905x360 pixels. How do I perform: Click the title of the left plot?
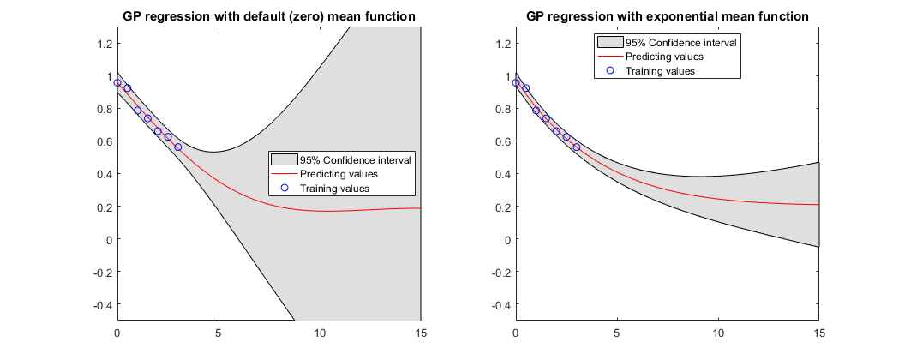click(x=269, y=16)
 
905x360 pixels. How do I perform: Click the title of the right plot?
click(x=667, y=16)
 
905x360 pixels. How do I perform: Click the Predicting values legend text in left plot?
click(x=339, y=174)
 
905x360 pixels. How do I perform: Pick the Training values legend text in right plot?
click(x=659, y=71)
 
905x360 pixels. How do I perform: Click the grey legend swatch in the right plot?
click(x=610, y=41)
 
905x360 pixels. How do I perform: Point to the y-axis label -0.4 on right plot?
click(x=499, y=304)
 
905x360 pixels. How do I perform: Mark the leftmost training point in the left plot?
click(x=117, y=82)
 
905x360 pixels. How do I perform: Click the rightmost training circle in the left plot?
click(x=178, y=147)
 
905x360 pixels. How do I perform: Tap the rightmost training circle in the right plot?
click(x=577, y=147)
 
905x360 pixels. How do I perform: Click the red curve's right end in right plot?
click(x=819, y=205)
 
